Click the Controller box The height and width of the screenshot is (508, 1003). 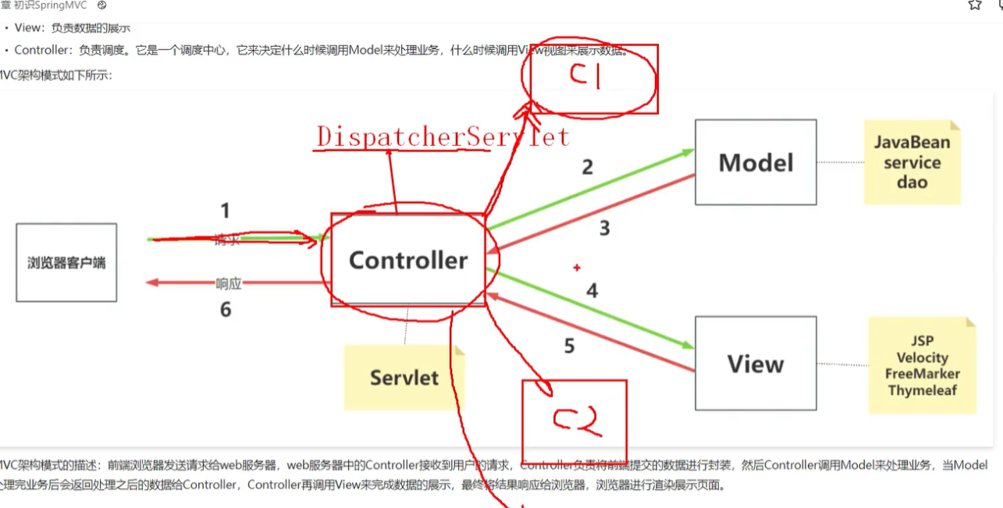click(x=407, y=260)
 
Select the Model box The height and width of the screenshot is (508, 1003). click(x=756, y=162)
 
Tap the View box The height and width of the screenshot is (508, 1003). click(x=756, y=364)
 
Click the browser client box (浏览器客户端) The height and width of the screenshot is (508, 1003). click(x=66, y=263)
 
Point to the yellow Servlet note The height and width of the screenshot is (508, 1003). click(x=404, y=378)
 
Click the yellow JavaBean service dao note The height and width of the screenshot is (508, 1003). click(x=912, y=162)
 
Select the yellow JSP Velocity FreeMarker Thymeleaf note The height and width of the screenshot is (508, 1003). click(x=922, y=365)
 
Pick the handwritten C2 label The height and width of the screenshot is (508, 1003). click(x=575, y=421)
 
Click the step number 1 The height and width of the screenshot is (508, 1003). click(x=226, y=211)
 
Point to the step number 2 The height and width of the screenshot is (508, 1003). click(x=588, y=166)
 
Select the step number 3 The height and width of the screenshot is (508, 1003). click(x=604, y=228)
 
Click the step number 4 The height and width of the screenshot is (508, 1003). click(x=592, y=291)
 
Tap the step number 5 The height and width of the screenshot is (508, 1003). click(x=569, y=346)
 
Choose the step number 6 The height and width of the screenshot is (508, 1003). click(x=226, y=310)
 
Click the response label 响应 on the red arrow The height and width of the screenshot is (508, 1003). click(x=228, y=283)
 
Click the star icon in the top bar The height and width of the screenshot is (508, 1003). click(x=975, y=5)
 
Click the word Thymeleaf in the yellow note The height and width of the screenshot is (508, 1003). click(x=922, y=390)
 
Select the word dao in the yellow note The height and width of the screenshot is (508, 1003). click(x=912, y=183)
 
